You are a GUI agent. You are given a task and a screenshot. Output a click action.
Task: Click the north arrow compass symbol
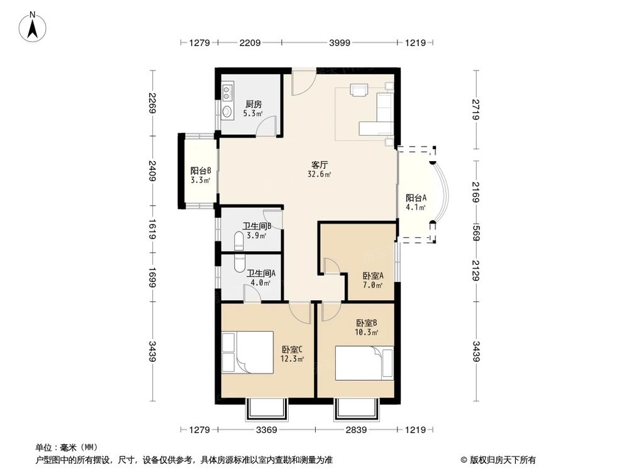pos(33,27)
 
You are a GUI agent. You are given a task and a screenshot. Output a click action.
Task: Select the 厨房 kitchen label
pos(253,104)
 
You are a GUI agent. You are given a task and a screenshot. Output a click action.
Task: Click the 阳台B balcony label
pos(201,171)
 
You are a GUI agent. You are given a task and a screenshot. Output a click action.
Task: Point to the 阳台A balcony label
pos(416,198)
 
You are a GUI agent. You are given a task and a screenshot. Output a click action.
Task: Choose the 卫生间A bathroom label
pos(261,273)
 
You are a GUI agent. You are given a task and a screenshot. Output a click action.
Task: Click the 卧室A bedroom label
pos(373,276)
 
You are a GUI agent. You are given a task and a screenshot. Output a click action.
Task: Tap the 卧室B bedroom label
pos(367,323)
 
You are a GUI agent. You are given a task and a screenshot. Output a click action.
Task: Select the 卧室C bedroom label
pos(292,349)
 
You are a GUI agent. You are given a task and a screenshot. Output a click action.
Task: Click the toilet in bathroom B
pos(238,240)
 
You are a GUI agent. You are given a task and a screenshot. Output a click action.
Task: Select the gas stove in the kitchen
pos(227,92)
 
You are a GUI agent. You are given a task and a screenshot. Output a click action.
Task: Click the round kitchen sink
pos(227,111)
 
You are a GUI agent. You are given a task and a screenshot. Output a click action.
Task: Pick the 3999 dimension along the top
pos(340,43)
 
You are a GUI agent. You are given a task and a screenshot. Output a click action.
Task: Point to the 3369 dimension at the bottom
pos(266,430)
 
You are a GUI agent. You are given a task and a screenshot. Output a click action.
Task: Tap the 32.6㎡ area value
pos(320,174)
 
